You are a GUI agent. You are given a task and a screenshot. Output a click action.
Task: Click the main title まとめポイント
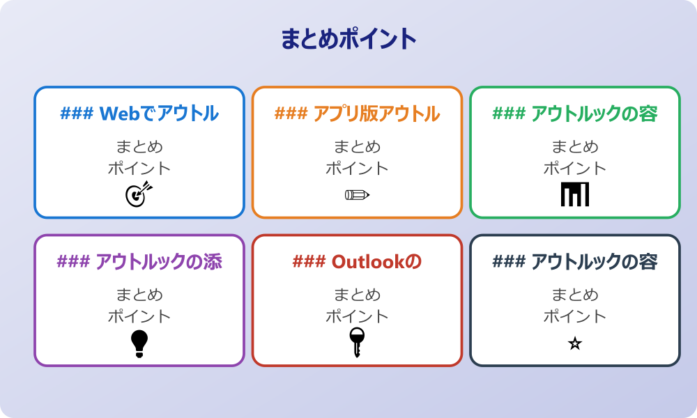[348, 39]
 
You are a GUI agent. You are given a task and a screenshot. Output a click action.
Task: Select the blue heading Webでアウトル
[159, 114]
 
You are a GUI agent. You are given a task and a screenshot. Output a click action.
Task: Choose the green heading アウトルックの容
[594, 114]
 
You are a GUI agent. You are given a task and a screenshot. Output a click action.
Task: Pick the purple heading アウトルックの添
[158, 262]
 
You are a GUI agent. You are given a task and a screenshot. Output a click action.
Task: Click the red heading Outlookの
[376, 262]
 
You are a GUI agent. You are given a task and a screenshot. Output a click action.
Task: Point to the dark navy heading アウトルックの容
[594, 262]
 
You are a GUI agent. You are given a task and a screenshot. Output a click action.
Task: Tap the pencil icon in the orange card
[357, 194]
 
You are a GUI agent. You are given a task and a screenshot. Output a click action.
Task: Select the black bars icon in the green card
[575, 194]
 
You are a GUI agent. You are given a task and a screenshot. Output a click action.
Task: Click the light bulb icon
[139, 343]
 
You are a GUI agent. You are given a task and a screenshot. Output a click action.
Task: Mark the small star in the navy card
[575, 343]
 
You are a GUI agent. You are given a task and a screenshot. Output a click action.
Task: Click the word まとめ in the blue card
[139, 147]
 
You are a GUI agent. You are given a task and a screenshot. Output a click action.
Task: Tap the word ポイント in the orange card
[357, 168]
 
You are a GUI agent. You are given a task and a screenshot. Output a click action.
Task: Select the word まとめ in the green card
[575, 147]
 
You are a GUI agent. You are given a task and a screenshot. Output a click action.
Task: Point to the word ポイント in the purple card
[139, 316]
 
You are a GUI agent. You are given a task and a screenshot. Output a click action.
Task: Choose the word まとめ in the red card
[357, 295]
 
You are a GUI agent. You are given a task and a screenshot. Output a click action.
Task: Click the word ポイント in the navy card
[575, 316]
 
